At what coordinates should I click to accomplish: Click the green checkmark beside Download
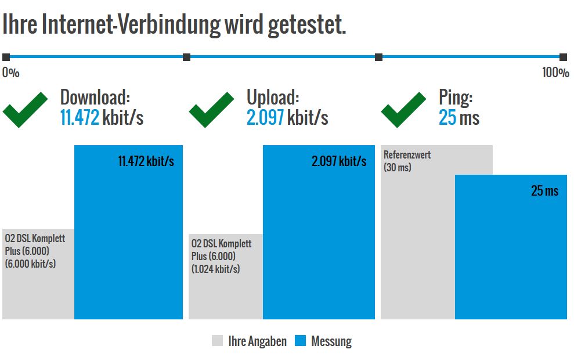(25, 110)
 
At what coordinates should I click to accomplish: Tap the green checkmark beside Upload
(212, 110)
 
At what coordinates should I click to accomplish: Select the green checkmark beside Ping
(403, 110)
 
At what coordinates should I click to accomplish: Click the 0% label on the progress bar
(10, 73)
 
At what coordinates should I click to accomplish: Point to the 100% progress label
(555, 73)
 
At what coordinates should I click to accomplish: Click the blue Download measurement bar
(128, 244)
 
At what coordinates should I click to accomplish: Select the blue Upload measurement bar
(319, 244)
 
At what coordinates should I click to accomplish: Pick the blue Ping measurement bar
(511, 255)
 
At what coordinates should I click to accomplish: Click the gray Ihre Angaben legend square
(218, 341)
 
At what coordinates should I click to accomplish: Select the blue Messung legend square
(300, 341)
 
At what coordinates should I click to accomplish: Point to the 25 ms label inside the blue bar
(544, 191)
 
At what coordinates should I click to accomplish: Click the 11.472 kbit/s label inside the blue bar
(146, 161)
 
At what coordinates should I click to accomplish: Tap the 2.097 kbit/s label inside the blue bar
(339, 161)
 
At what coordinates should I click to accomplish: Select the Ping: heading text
(456, 97)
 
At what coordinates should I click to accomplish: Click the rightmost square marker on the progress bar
(563, 57)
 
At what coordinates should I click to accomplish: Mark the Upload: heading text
(273, 97)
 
